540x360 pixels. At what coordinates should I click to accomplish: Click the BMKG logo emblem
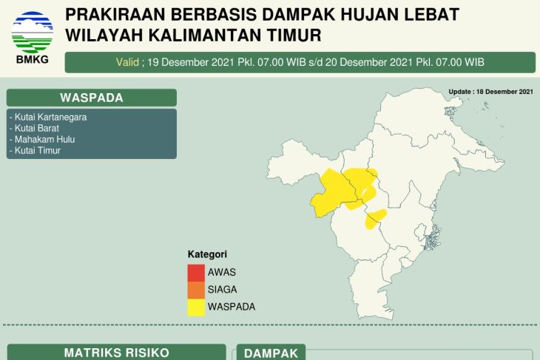pos(32,31)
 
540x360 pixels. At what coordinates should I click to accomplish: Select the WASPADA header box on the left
pos(92,98)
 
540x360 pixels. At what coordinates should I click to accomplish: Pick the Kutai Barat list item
pos(33,128)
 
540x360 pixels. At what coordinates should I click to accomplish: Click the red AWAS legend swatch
pos(196,271)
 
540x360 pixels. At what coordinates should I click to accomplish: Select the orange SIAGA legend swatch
pos(196,289)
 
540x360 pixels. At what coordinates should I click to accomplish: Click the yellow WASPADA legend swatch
pos(196,307)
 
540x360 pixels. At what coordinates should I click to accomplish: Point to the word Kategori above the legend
pos(207,254)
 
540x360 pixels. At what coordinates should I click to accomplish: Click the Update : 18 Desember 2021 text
pos(490,92)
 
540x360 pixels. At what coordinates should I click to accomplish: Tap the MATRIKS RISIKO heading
pos(117,353)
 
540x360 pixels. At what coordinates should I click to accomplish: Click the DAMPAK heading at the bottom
pos(271,354)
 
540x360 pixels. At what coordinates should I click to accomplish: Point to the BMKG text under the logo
pos(32,60)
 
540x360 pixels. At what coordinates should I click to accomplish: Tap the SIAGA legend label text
pos(222,289)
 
